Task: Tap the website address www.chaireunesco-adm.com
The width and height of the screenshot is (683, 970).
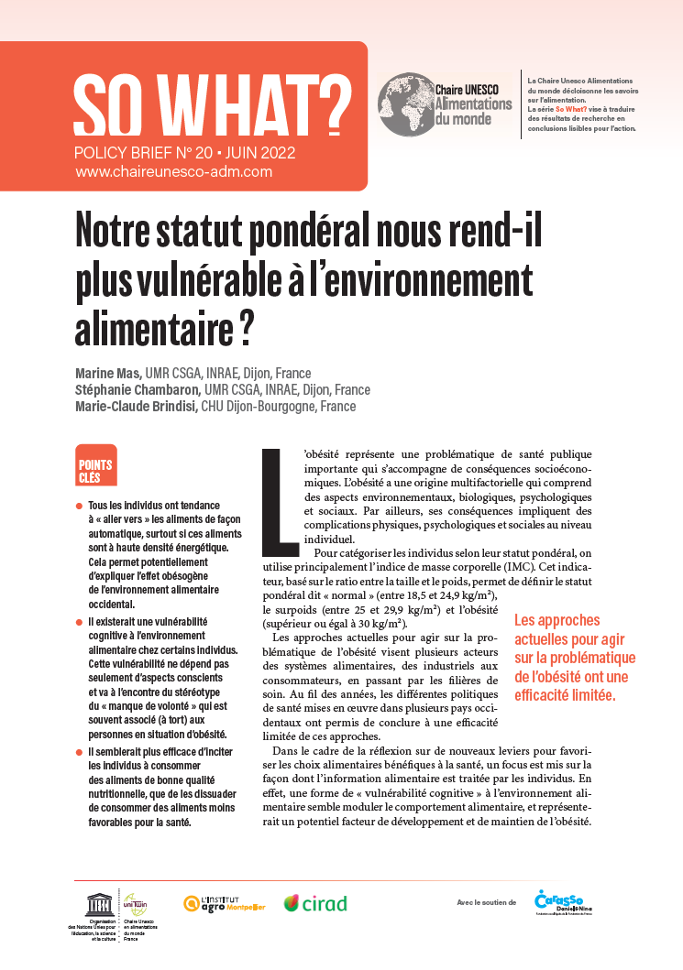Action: (x=173, y=171)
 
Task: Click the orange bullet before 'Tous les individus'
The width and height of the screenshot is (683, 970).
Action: (x=80, y=507)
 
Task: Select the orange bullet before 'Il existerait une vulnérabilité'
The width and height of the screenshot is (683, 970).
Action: (x=80, y=623)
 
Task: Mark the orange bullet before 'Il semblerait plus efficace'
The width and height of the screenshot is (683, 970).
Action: (x=80, y=752)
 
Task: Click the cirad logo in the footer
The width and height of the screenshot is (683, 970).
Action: (x=315, y=903)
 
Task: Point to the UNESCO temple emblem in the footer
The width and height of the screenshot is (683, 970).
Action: (x=95, y=903)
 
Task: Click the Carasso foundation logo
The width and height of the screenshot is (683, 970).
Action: (x=559, y=901)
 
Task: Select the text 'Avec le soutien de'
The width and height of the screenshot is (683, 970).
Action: (x=486, y=903)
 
